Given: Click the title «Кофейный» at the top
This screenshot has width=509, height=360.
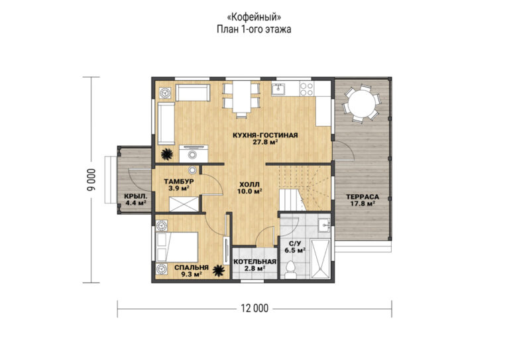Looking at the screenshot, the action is click(x=254, y=17).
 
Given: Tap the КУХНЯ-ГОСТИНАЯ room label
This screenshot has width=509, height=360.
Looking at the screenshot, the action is click(x=265, y=135).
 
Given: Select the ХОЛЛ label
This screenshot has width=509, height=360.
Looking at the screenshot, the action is click(x=249, y=184).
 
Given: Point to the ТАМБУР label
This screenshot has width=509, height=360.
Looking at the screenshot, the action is click(x=179, y=181).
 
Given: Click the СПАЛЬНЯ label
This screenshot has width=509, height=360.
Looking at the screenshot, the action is click(x=191, y=268).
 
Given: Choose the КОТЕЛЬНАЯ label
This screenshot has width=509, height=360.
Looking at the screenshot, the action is click(x=254, y=262).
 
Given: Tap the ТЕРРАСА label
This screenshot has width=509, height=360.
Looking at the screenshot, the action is click(x=363, y=197).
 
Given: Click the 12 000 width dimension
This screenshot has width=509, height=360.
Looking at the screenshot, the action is click(x=254, y=308).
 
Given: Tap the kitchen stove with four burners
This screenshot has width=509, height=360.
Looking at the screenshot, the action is click(x=306, y=89).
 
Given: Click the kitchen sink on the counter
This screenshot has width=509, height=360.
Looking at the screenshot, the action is click(x=278, y=89).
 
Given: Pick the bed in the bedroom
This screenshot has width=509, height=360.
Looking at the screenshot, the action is click(x=177, y=247).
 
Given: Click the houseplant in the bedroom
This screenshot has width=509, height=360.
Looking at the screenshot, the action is click(x=219, y=270).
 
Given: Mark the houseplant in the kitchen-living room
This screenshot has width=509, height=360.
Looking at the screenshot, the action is click(x=167, y=154).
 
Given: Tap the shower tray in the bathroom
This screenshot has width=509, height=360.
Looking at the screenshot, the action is click(x=320, y=259).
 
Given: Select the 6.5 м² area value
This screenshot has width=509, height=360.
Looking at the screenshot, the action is click(x=295, y=251).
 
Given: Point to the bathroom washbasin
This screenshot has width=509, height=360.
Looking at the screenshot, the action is click(x=324, y=225).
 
